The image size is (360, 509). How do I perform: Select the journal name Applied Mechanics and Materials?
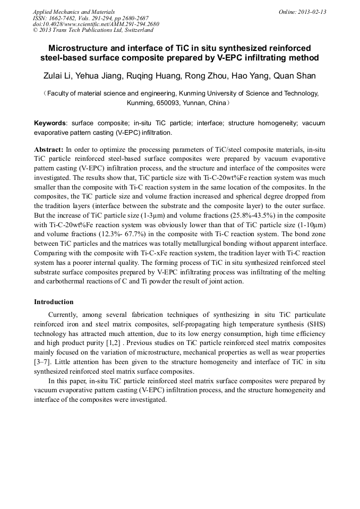click(74, 12)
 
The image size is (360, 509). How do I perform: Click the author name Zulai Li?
click(57, 76)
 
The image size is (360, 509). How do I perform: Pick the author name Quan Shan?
click(294, 76)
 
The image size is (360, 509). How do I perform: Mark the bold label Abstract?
click(49, 150)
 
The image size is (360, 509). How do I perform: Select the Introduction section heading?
click(54, 302)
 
